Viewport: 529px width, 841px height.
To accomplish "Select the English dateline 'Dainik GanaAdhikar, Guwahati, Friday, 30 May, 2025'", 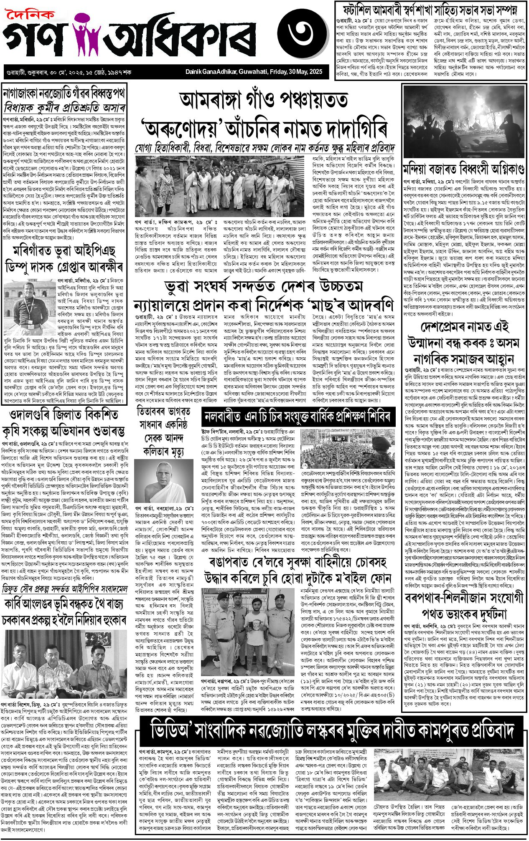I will tap(254, 72).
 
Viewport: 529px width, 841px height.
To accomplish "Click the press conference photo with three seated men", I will tap(64, 662).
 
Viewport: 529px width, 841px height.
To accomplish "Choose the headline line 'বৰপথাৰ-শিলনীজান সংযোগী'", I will tap(464, 598).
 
